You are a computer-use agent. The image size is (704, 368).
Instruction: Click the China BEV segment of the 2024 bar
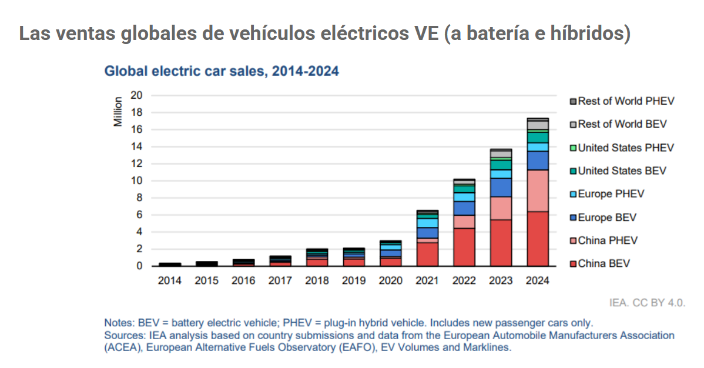pos(538,239)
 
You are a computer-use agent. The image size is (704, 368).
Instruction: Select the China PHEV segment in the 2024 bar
pos(538,190)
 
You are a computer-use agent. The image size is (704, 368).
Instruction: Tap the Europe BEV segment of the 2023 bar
pos(501,187)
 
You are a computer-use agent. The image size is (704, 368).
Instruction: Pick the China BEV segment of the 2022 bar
pos(464,247)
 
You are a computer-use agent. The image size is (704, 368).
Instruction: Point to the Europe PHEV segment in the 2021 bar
pos(427,223)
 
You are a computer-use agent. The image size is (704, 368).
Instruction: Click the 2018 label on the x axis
pos(317,280)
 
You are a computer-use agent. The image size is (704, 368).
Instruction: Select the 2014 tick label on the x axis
pos(170,280)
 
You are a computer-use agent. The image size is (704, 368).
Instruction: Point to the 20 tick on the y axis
pos(136,95)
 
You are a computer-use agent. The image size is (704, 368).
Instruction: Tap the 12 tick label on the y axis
pos(136,163)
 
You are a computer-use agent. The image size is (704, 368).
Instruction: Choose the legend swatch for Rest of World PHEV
pos(574,101)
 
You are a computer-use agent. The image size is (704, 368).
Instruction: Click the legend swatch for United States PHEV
pos(574,148)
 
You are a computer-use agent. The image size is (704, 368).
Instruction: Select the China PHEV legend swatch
pos(574,240)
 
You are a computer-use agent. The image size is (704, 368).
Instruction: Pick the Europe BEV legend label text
pos(607,218)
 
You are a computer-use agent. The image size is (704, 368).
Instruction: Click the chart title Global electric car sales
pos(222,71)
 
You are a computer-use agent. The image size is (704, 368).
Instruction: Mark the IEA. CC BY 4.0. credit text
pos(647,303)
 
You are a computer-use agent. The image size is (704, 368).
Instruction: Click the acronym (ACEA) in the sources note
pos(123,347)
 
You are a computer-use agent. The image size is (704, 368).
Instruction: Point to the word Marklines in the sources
pos(489,347)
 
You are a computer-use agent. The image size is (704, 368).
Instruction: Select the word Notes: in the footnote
pos(119,323)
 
